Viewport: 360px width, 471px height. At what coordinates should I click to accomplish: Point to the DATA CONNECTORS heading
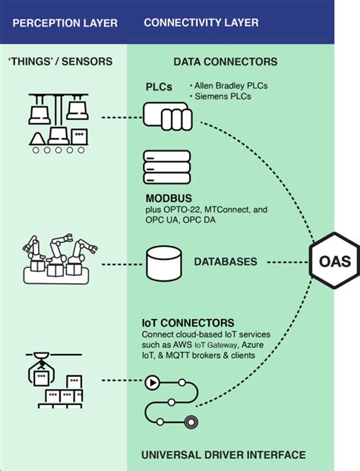(x=225, y=62)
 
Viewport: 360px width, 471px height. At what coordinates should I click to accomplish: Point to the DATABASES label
(x=226, y=262)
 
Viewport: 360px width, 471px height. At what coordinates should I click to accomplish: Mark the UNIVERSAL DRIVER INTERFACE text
(x=224, y=455)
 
